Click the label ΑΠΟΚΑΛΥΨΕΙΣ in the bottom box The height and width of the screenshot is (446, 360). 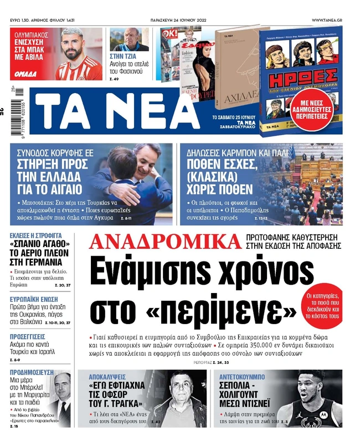(105, 374)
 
